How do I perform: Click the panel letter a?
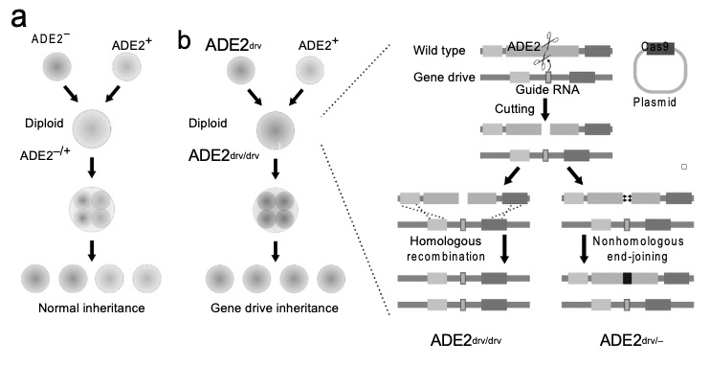pyautogui.click(x=18, y=22)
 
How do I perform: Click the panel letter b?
pyautogui.click(x=189, y=43)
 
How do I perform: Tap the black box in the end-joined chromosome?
pyautogui.click(x=628, y=278)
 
